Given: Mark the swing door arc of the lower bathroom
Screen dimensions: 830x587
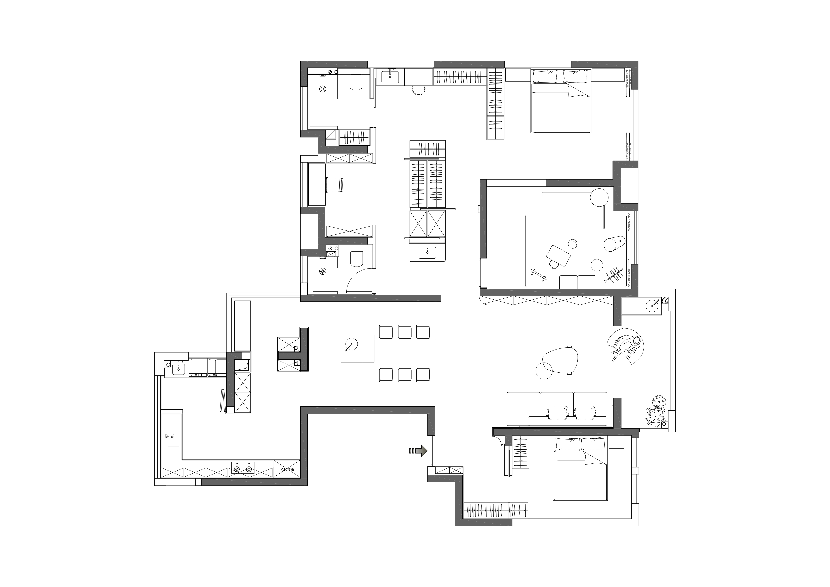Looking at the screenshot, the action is tap(354, 277).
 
